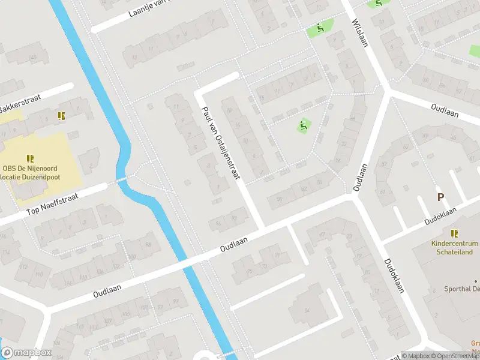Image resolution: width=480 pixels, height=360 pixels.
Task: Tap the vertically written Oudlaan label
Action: point(360,178)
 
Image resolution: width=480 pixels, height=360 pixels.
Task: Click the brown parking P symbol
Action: point(441,197)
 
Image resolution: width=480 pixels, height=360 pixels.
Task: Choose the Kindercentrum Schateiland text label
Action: point(455,248)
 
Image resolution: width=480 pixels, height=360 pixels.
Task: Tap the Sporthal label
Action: point(462,289)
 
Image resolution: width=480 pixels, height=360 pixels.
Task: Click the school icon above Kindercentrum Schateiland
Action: point(454,233)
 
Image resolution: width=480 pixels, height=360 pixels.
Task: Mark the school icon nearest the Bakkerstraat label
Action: point(61,115)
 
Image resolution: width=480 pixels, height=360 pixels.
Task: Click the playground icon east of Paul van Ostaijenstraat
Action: point(303,126)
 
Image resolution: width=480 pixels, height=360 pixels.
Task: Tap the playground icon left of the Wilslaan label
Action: point(321,27)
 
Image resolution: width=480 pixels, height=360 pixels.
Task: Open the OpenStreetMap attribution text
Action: point(454,356)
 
